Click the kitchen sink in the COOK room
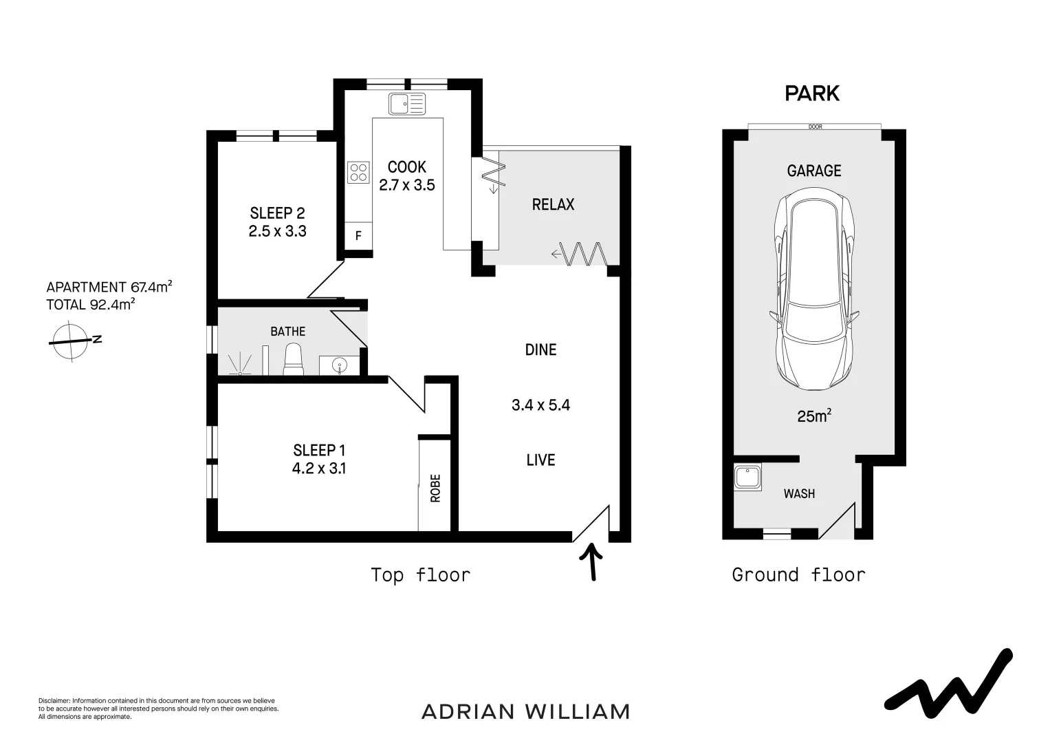[407, 105]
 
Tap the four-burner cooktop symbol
[358, 171]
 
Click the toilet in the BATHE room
[293, 359]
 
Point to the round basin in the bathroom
[338, 365]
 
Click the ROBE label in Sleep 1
[435, 488]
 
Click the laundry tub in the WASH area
[747, 477]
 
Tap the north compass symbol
[72, 340]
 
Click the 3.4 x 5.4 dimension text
[540, 405]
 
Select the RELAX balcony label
[553, 204]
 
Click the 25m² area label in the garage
[814, 416]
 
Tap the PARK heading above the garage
[812, 94]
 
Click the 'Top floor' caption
[420, 574]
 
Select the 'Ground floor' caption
[798, 574]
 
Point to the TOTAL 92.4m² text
[90, 305]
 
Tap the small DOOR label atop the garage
[816, 127]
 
